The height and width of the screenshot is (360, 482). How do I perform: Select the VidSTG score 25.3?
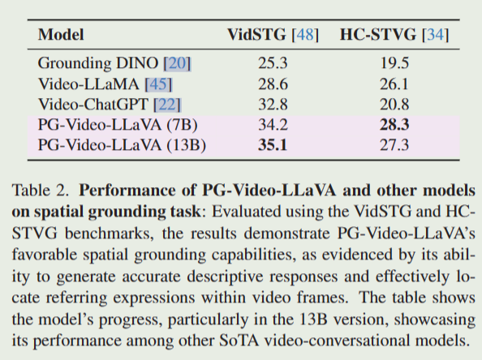(x=273, y=62)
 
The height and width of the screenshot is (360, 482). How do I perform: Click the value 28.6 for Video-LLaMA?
(x=273, y=83)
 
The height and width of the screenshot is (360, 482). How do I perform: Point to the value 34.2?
(x=273, y=126)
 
